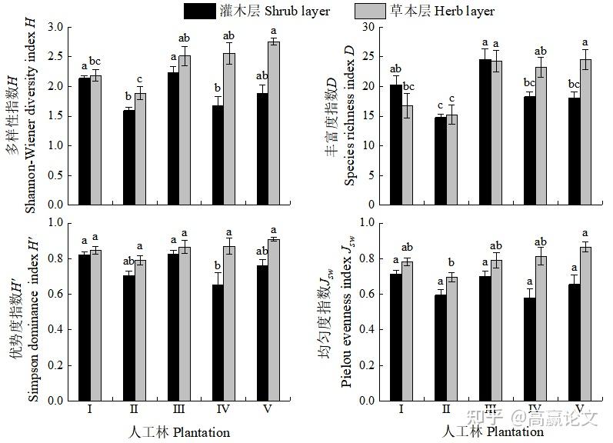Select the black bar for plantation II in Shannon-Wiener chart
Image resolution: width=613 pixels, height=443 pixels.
(x=128, y=157)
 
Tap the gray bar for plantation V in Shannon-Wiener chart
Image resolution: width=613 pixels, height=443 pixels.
(x=274, y=123)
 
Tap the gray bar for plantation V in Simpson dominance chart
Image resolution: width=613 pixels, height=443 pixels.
(x=274, y=320)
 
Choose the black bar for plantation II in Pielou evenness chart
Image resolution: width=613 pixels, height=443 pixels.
(x=439, y=348)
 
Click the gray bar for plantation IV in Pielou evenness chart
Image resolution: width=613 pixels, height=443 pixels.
(x=541, y=328)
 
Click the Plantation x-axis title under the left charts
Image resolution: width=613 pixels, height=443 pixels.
(x=178, y=431)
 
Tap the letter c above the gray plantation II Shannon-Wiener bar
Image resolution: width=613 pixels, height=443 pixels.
(x=139, y=79)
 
